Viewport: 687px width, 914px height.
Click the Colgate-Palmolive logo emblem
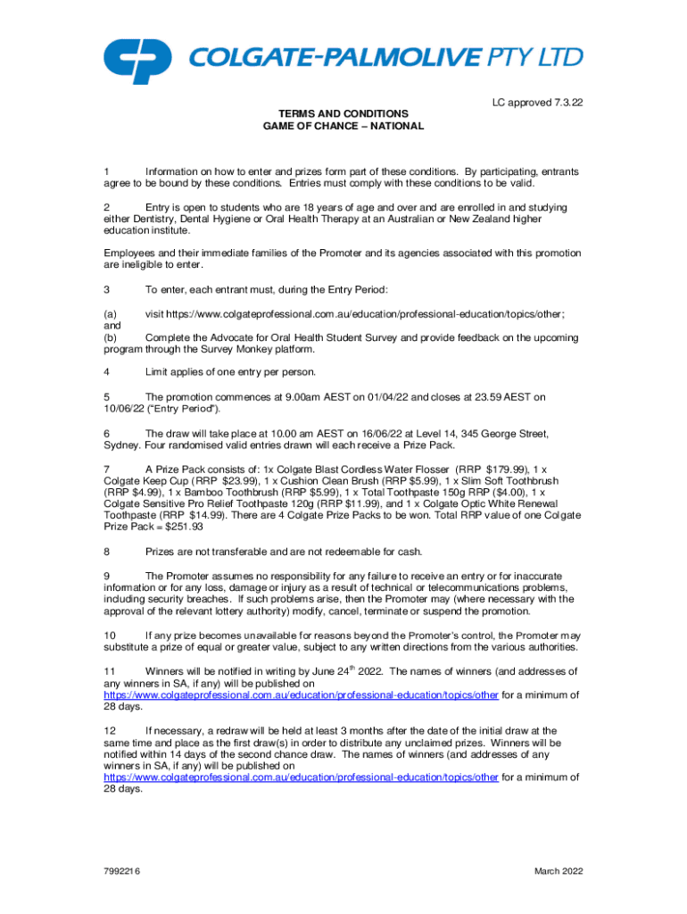click(137, 58)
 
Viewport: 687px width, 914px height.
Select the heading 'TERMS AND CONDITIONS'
click(343, 114)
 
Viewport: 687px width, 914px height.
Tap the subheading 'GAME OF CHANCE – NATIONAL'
click(343, 127)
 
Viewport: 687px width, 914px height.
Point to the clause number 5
click(107, 396)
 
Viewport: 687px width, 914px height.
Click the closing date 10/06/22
click(126, 409)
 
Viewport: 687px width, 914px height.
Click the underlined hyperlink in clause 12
click(301, 777)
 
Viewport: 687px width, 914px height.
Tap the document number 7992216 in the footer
click(123, 870)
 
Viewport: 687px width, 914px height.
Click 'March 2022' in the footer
click(558, 870)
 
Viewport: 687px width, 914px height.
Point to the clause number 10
click(110, 635)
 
